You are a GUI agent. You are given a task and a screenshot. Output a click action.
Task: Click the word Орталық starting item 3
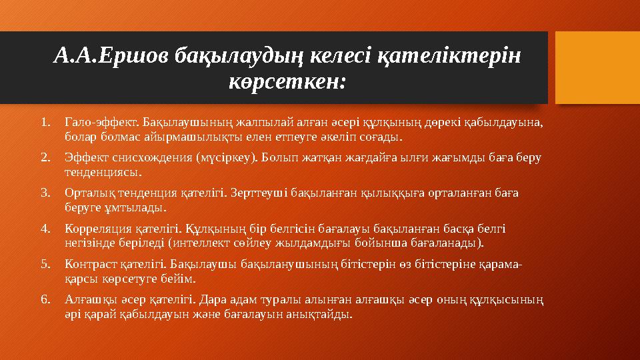pos(87,193)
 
